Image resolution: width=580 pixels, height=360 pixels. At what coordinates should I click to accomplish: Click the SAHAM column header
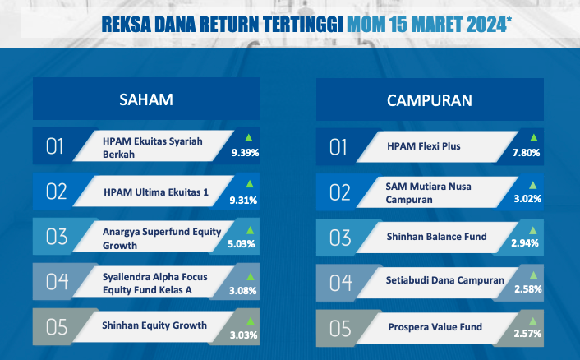coord(146,99)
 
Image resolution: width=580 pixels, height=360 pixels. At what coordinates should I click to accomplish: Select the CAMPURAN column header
coord(430,100)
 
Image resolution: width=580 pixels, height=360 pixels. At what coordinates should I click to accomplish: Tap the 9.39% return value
coord(246,152)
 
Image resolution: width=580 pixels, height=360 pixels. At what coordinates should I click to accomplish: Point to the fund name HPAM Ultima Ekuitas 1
coord(156,192)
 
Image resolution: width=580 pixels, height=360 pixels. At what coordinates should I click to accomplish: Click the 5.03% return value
coord(242,244)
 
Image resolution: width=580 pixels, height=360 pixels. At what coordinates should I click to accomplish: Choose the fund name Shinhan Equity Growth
coord(154,325)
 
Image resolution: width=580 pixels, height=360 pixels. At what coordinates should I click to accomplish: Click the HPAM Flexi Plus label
coord(424,146)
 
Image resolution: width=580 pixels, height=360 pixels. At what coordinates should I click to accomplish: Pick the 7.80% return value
coord(527,152)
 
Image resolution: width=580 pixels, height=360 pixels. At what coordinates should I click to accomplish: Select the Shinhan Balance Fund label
coord(437,237)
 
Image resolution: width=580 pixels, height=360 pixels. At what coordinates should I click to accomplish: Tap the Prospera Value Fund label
coord(435,327)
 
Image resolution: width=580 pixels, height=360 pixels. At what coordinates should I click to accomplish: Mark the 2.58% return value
coord(528,288)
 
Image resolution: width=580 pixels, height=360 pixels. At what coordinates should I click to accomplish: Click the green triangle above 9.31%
coord(250,184)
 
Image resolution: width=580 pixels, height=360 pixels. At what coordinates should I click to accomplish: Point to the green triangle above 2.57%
coord(532,321)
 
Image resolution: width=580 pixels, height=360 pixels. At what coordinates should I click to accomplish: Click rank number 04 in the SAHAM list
coord(57,282)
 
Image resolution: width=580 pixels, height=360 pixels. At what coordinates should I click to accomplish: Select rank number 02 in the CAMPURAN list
coord(340,192)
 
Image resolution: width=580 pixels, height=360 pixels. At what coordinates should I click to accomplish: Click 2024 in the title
coord(486,25)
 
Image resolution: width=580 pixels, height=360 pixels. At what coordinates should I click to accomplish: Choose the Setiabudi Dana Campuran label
coord(445,280)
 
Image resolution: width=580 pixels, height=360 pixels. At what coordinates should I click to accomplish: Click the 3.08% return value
coord(242,290)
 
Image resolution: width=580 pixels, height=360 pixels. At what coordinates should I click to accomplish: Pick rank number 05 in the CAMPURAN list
coord(340,329)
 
